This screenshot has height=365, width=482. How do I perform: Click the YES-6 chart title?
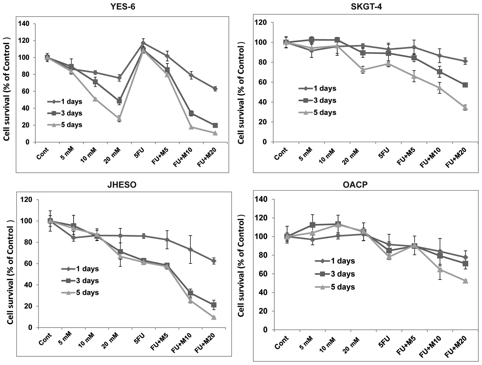pos(123,6)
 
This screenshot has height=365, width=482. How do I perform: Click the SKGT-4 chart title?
pos(366,6)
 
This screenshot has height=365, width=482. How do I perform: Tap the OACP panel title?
pos(359,185)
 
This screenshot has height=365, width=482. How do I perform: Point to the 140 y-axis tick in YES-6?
pos(24,24)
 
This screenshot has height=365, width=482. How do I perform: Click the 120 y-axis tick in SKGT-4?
pos(261,23)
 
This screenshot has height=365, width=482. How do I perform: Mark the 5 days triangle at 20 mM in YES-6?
pos(119,119)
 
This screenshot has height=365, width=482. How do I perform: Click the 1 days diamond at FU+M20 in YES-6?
pos(215,89)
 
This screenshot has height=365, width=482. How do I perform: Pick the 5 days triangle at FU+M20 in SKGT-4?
pos(465,108)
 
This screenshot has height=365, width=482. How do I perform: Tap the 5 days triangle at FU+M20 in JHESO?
pos(214,317)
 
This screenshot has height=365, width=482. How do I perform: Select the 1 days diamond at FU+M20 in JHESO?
pos(214,261)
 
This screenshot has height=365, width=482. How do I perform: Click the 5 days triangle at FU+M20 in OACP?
pos(465,281)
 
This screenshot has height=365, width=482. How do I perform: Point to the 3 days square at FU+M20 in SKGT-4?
pos(465,85)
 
